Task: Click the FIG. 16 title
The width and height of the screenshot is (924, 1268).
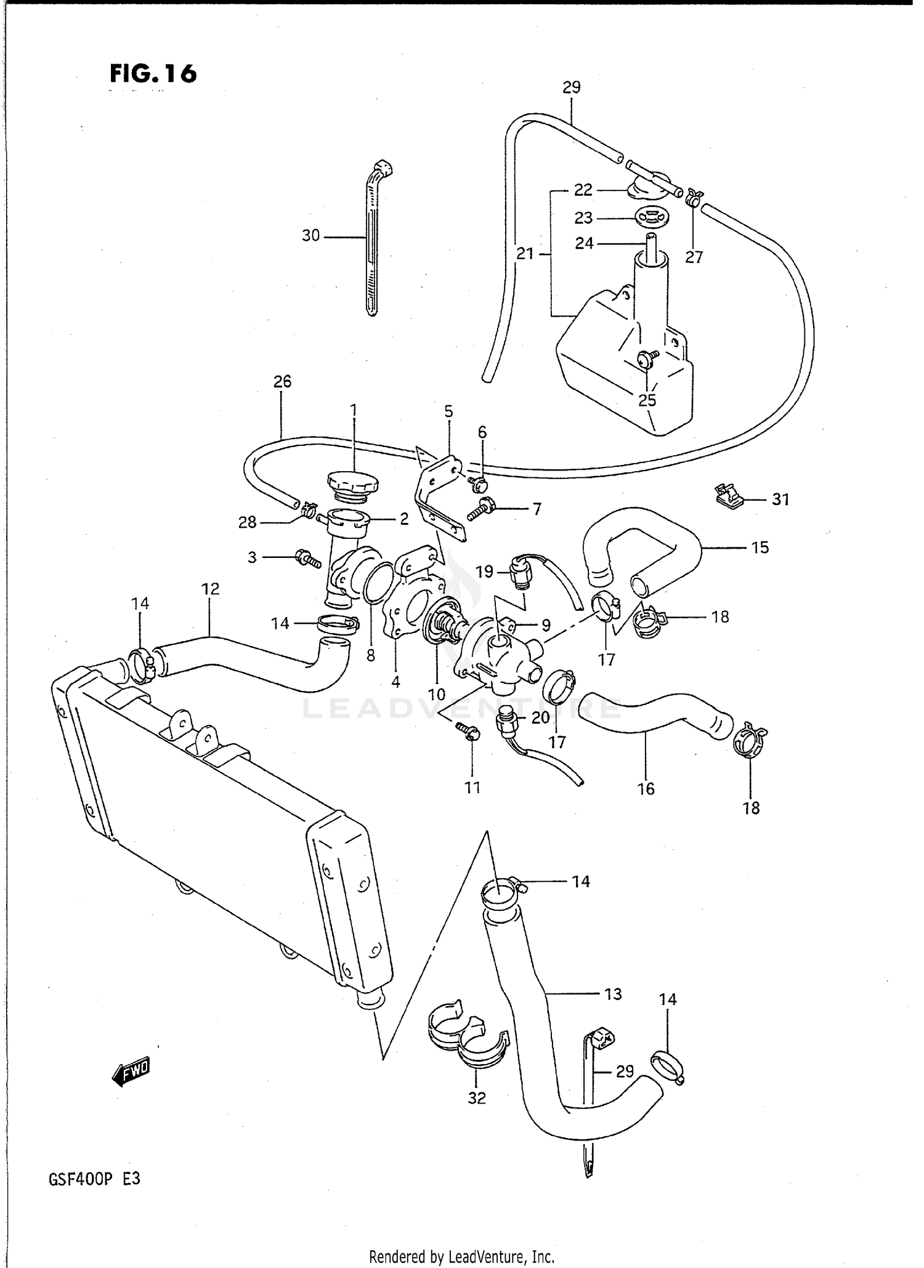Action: pyautogui.click(x=153, y=73)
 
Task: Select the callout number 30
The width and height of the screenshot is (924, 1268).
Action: pyautogui.click(x=310, y=235)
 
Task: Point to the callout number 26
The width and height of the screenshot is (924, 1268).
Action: pyautogui.click(x=282, y=381)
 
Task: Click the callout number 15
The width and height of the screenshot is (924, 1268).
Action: pyautogui.click(x=760, y=547)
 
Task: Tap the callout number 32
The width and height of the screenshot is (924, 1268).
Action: pyautogui.click(x=477, y=1097)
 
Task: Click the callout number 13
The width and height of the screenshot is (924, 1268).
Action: pyautogui.click(x=613, y=994)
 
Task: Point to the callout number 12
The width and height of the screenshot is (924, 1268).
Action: pyautogui.click(x=210, y=589)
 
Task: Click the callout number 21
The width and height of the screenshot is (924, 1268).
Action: pyautogui.click(x=525, y=253)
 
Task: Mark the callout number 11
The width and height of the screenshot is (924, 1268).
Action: pyautogui.click(x=472, y=787)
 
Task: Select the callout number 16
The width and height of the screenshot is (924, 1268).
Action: pyautogui.click(x=646, y=788)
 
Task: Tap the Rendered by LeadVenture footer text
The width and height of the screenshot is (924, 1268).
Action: pyautogui.click(x=461, y=1256)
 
